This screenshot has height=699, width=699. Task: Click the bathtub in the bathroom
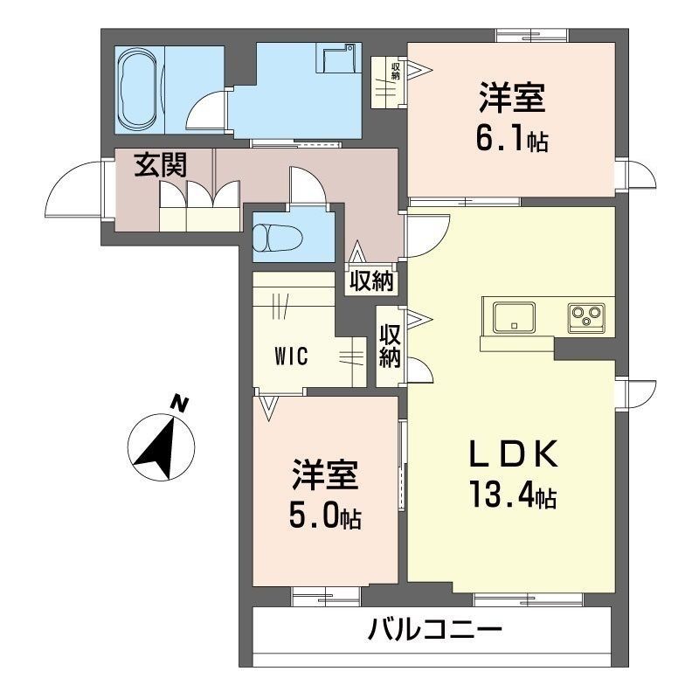tap(138, 89)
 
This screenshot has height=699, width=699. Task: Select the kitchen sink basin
tap(514, 317)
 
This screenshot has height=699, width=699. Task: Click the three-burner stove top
tap(586, 318)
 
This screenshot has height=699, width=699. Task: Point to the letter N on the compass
tap(180, 404)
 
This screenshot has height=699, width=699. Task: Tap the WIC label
tap(291, 356)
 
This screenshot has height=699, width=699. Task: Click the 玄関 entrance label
tap(161, 165)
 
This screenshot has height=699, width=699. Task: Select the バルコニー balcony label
tap(435, 630)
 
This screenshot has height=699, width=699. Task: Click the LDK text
tap(513, 453)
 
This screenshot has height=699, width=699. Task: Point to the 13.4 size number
tap(501, 494)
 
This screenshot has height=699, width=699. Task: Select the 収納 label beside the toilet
tap(371, 281)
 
